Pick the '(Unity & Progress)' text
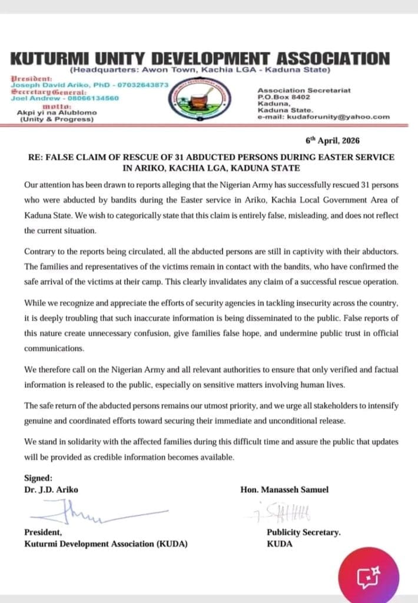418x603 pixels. click(x=57, y=120)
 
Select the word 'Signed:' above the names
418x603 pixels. click(x=38, y=478)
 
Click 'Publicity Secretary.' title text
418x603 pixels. click(x=304, y=532)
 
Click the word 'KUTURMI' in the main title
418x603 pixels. click(x=57, y=58)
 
